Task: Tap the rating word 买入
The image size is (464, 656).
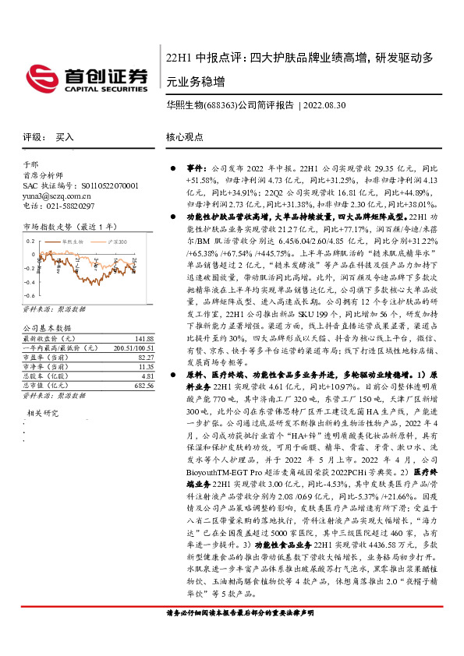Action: click(65, 136)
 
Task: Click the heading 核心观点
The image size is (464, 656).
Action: click(184, 136)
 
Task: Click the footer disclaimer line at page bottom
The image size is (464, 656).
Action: click(234, 637)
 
